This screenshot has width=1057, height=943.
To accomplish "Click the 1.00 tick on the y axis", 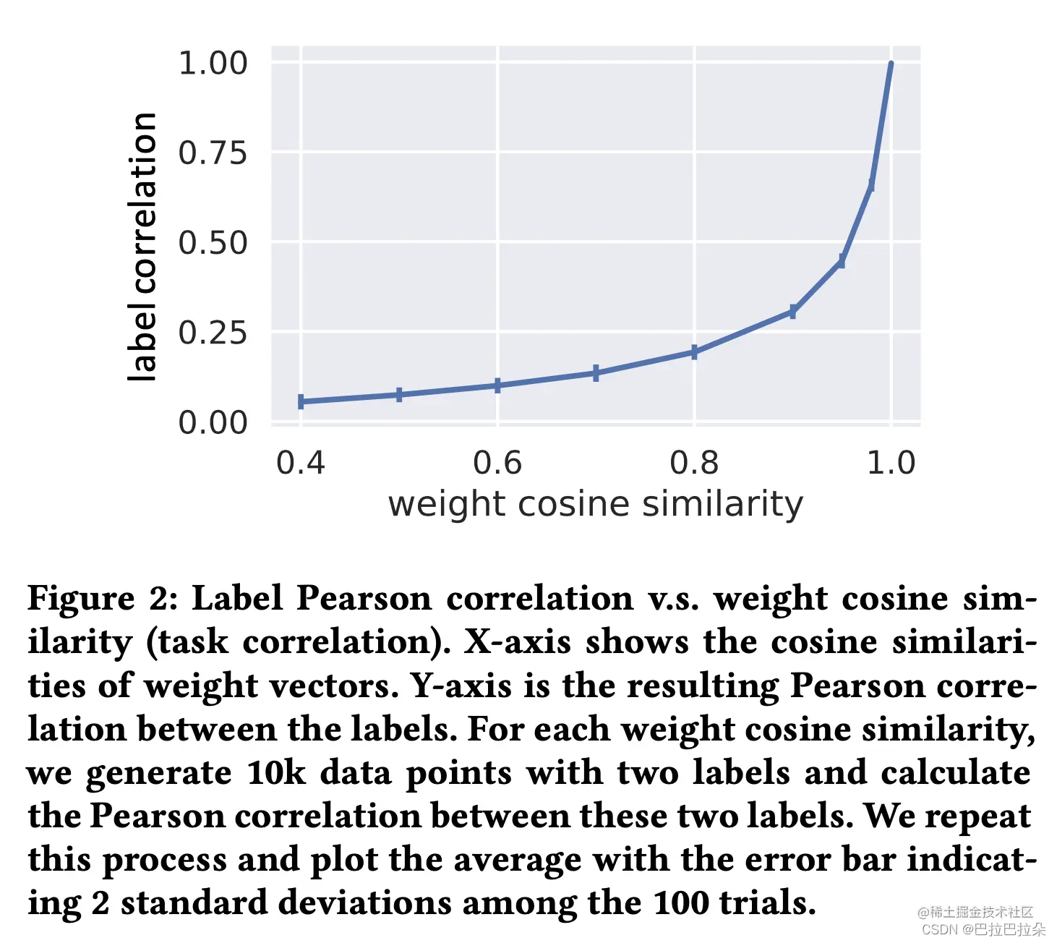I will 213,63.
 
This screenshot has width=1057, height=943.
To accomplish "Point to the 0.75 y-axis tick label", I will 213,153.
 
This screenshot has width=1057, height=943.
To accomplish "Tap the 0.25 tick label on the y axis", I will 213,333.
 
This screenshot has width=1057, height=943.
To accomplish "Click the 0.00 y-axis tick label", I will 213,422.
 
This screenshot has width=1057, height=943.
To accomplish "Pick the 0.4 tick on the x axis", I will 301,463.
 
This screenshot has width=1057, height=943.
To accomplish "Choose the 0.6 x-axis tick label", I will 497,463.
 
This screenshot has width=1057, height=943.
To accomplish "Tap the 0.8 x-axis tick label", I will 694,463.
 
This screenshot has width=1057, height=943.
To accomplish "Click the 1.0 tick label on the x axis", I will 891,463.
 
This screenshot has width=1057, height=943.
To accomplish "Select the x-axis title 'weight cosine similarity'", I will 595,504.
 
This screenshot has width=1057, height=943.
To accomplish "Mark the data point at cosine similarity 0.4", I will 301,401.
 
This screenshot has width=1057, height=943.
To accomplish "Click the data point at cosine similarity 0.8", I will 694,352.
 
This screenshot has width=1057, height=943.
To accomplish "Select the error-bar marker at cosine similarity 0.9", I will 793,312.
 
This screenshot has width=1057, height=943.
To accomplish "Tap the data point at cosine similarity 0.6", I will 497,385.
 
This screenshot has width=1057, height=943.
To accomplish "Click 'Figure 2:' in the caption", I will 101,599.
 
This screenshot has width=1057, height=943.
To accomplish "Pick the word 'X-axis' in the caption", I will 517,642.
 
